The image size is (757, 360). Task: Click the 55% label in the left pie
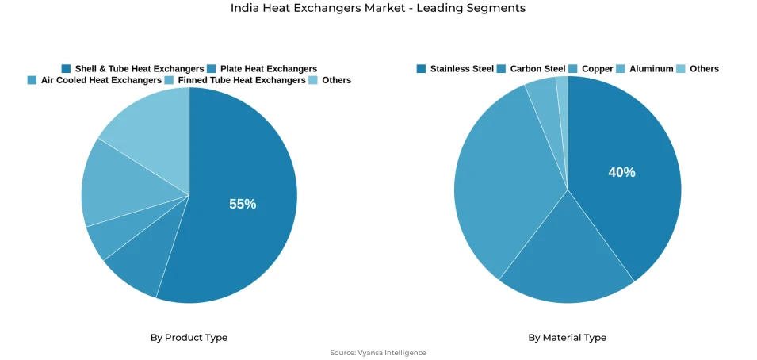tap(243, 204)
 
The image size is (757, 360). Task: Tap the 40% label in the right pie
tap(621, 172)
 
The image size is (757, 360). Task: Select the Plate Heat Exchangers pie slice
tap(135, 269)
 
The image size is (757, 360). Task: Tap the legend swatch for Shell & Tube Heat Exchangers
tap(66, 69)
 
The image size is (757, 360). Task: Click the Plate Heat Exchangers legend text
tap(268, 69)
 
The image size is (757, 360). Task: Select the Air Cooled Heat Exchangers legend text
tap(101, 80)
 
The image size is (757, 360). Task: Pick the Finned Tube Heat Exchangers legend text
tap(241, 80)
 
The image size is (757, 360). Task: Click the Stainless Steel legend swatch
tap(421, 69)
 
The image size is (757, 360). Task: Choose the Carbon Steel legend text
tap(537, 69)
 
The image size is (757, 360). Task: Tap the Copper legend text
tap(597, 69)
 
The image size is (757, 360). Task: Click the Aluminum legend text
tap(651, 69)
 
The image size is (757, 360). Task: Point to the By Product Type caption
tap(189, 338)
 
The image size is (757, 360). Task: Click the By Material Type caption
tap(567, 338)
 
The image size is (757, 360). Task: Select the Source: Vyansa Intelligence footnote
tap(378, 353)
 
